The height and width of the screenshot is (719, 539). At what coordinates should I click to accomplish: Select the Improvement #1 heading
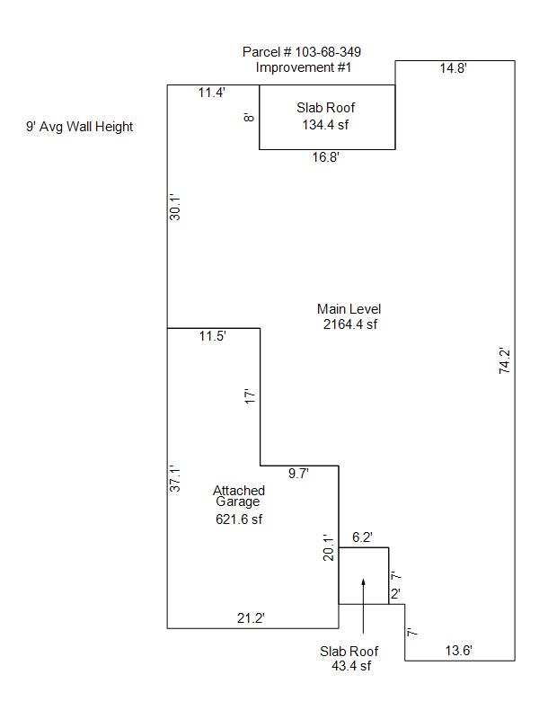coord(302,67)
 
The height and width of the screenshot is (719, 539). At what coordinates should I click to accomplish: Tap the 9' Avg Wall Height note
coord(79,127)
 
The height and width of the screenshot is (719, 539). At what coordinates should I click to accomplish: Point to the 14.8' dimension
coord(453,68)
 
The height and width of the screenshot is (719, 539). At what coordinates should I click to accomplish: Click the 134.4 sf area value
coord(325,124)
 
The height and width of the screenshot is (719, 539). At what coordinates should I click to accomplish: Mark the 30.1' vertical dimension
coord(176,208)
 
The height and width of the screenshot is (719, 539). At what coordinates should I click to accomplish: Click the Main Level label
coord(349,309)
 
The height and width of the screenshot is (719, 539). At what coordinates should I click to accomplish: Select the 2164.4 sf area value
coord(349,324)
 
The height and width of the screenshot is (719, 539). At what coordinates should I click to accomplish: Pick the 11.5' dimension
coord(213,337)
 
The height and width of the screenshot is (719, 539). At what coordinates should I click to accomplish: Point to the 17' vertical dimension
coord(251,395)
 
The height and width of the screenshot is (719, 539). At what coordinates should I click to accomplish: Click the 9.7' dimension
coord(298,474)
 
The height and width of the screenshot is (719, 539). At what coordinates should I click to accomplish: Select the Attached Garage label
coord(239,496)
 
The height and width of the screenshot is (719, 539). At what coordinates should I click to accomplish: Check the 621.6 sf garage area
coord(239,519)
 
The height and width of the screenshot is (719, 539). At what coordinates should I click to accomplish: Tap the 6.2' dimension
coord(362,537)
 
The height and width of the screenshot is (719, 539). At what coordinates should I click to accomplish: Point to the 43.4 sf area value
coord(349,666)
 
